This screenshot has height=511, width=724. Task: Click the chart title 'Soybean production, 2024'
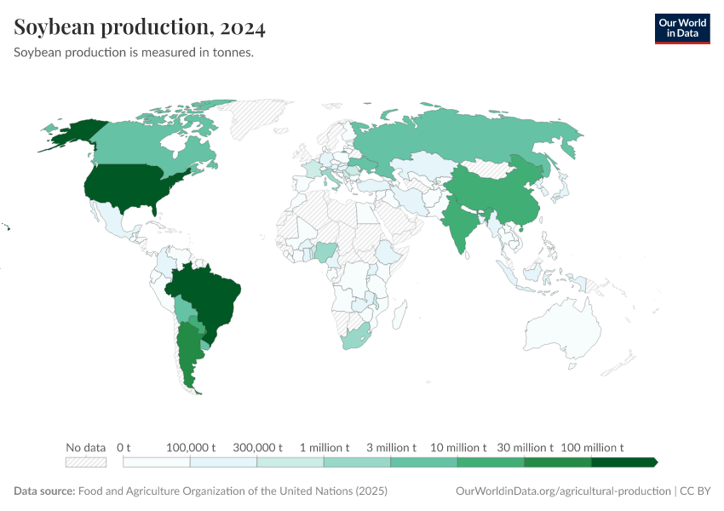click(x=140, y=28)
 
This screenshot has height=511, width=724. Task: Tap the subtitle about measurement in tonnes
click(x=134, y=53)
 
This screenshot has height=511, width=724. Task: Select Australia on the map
click(x=562, y=333)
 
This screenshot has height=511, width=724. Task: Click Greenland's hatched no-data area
click(x=260, y=115)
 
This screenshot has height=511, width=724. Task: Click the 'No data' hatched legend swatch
click(x=86, y=462)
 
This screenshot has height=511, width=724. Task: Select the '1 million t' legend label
click(x=325, y=447)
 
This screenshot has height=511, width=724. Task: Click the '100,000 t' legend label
click(x=190, y=447)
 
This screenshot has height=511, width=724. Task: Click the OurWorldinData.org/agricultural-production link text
click(x=562, y=491)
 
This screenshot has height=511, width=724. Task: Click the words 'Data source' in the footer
click(x=43, y=491)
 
